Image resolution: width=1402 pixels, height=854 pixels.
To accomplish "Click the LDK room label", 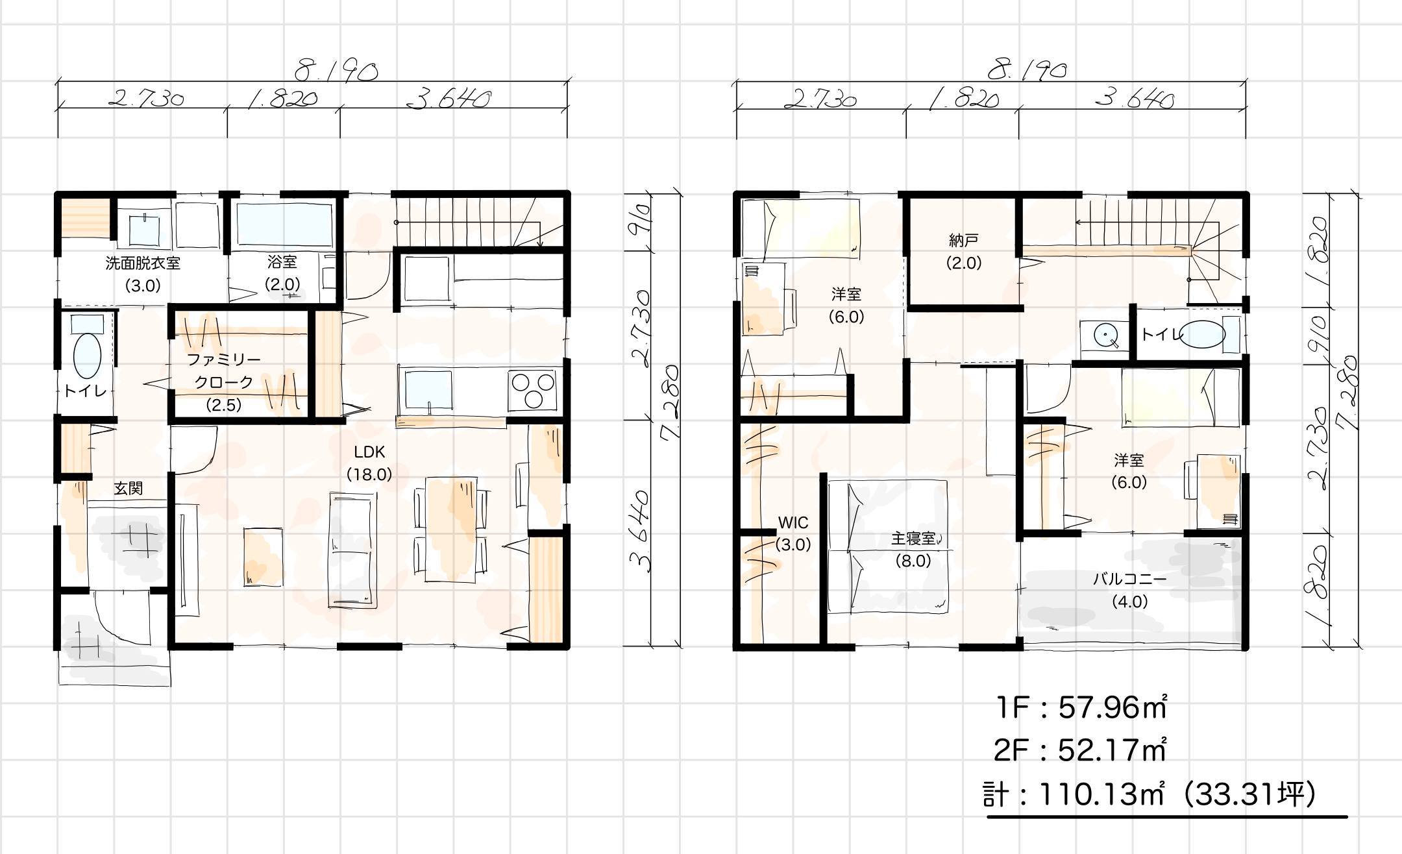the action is tap(369, 452).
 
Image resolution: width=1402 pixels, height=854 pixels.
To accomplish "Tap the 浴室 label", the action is tap(282, 262).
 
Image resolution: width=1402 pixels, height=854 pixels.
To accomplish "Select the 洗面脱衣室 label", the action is tap(143, 263).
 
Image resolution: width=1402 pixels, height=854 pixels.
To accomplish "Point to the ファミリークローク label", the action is tap(224, 371).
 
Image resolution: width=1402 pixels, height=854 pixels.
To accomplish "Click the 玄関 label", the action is tap(129, 489).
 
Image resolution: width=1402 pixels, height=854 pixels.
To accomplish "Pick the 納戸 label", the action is tap(964, 241).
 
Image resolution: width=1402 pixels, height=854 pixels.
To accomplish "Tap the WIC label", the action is tap(793, 523).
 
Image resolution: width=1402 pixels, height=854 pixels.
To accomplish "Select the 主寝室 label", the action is tap(913, 539).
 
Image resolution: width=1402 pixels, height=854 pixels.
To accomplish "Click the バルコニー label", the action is tap(1130, 579).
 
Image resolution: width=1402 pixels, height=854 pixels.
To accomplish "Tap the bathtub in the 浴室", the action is tap(284, 225).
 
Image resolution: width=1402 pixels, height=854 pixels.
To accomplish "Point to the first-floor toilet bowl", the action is tap(88, 356).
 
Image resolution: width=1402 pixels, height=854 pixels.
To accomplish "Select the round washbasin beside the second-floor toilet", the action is tap(1105, 335).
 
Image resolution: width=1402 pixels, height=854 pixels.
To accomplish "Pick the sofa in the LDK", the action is tap(353, 550).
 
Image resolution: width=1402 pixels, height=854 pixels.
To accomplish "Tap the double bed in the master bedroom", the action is tap(888, 546).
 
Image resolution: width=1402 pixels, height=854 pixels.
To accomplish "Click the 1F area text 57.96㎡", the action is tap(1113, 708).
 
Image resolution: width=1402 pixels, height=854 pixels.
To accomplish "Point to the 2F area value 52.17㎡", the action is tap(1112, 751).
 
